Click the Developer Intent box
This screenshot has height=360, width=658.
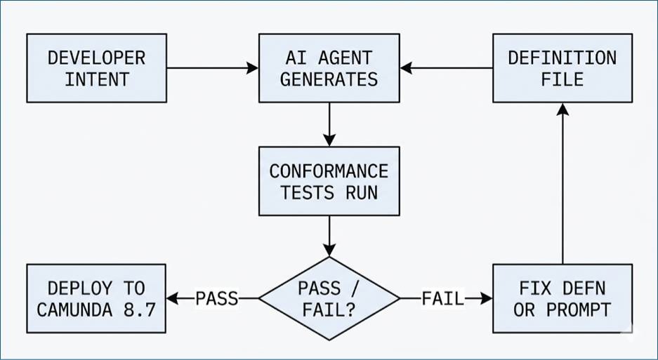point(96,68)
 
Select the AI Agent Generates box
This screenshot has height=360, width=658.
point(329,68)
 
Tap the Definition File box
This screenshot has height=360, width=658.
point(562,68)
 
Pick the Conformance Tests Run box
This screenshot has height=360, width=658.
point(329,181)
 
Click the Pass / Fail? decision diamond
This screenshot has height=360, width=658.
point(329,298)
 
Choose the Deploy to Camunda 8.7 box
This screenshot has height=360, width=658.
point(96,298)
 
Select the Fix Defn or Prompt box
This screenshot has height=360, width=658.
point(562,298)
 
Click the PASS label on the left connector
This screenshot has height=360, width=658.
point(217,299)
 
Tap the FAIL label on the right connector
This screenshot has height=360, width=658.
point(442,299)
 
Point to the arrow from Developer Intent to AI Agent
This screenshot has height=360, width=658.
point(212,68)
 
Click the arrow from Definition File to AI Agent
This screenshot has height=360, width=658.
point(447,68)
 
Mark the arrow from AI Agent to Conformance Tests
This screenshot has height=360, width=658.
point(329,125)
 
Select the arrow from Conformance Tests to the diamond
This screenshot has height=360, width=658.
point(329,236)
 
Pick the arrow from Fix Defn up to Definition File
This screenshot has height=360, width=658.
point(562,184)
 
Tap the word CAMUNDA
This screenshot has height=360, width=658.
point(74,310)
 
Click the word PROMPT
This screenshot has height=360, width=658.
point(579,310)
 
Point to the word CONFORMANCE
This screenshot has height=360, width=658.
point(329,171)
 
